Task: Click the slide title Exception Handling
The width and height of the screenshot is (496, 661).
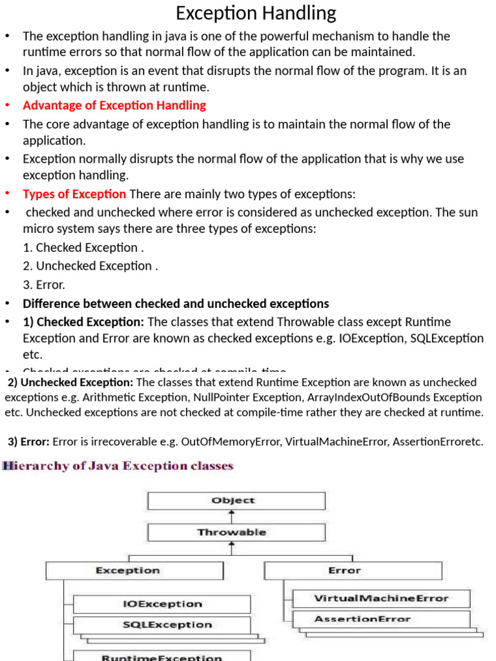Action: [x=256, y=13]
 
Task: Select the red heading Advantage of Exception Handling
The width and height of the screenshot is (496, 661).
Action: [x=114, y=105]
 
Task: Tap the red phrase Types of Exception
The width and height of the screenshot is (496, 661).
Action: [x=74, y=194]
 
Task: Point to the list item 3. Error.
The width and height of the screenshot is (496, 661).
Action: [x=44, y=285]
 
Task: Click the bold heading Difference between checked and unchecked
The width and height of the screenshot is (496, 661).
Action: [x=176, y=303]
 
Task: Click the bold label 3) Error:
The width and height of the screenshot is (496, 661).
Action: [x=29, y=442]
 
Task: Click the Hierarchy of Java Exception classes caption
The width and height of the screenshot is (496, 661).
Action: [x=118, y=465]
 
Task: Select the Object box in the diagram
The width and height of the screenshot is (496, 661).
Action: [x=236, y=501]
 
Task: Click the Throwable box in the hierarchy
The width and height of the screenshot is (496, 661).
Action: [x=236, y=533]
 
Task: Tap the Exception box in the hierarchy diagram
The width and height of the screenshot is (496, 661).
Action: [x=134, y=571]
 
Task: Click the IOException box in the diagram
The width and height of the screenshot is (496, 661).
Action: [x=161, y=604]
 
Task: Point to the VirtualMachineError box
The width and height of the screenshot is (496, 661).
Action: [x=380, y=598]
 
